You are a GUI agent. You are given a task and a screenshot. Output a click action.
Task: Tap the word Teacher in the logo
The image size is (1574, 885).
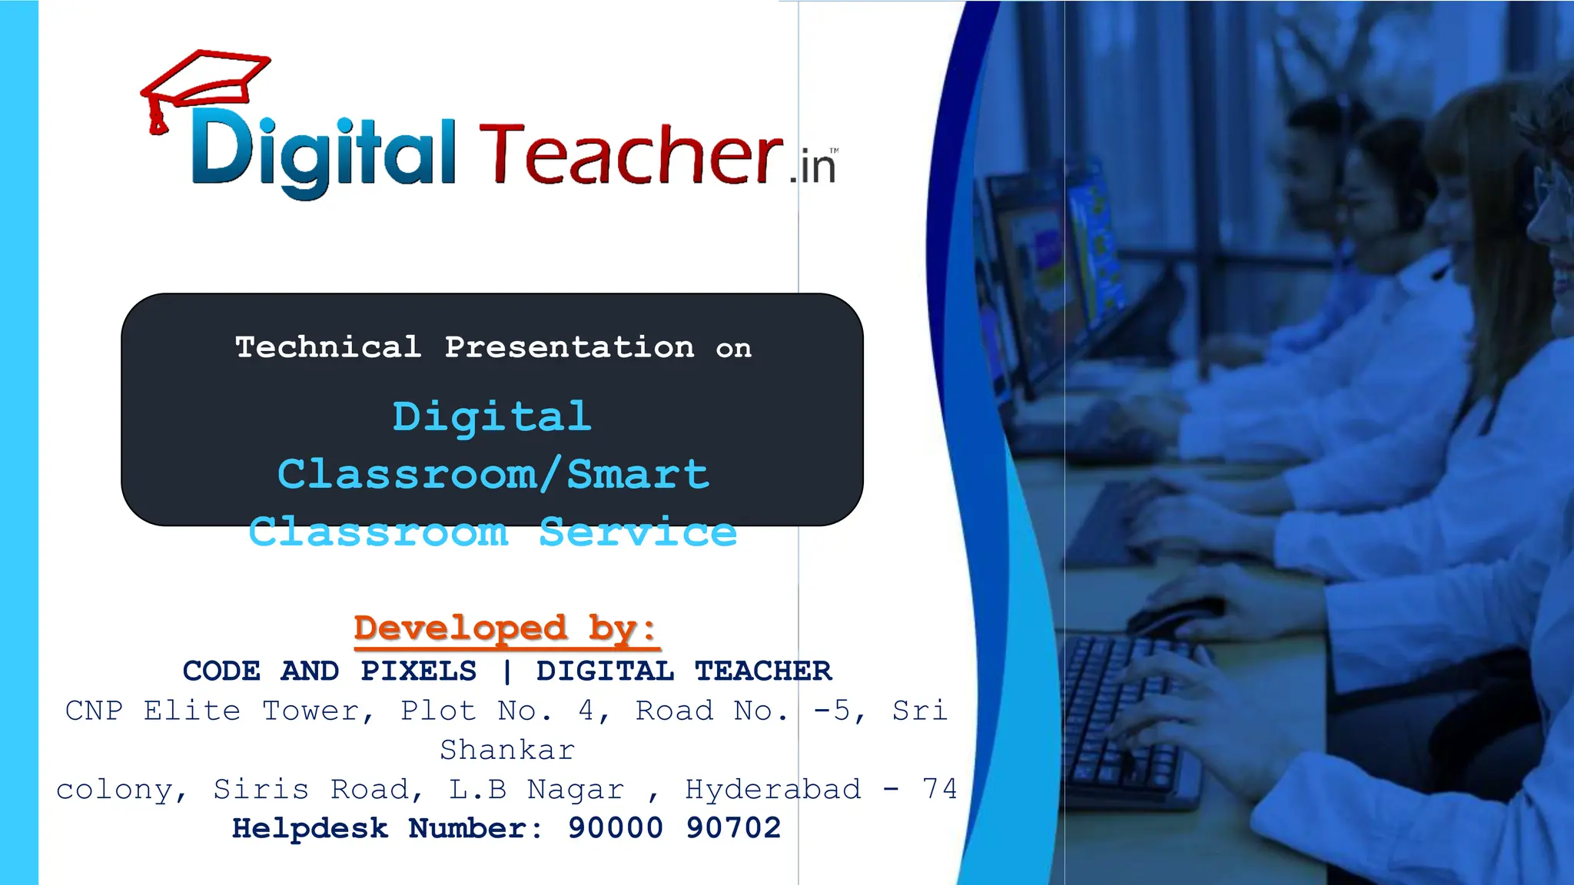click(630, 156)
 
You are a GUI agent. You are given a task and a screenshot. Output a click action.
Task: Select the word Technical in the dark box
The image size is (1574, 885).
click(328, 347)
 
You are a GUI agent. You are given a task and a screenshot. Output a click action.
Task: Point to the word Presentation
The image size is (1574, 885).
click(569, 347)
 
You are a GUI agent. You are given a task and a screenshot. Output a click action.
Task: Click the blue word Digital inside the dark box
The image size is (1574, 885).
click(492, 417)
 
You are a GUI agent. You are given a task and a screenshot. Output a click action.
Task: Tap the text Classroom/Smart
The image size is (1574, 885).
click(493, 474)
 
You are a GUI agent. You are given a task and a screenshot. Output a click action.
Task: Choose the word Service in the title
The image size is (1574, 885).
click(638, 532)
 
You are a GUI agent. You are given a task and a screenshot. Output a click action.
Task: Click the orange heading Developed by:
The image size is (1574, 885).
click(505, 628)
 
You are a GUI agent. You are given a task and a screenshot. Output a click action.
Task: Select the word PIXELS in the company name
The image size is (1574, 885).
click(419, 671)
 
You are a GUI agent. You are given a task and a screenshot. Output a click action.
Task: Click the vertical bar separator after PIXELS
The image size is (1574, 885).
click(506, 671)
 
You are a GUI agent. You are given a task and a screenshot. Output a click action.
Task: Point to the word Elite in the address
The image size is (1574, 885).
click(192, 711)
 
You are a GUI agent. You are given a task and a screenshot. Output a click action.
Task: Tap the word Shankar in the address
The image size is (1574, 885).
click(507, 750)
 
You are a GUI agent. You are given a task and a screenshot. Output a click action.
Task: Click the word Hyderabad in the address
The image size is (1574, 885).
click(773, 789)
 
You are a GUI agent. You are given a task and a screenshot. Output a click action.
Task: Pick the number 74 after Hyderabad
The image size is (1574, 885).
click(940, 789)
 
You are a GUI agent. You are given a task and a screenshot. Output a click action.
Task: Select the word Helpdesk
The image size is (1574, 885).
click(310, 828)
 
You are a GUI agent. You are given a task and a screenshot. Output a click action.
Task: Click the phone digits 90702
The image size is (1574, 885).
click(733, 828)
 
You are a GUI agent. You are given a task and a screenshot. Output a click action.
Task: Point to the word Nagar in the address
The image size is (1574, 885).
click(575, 789)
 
